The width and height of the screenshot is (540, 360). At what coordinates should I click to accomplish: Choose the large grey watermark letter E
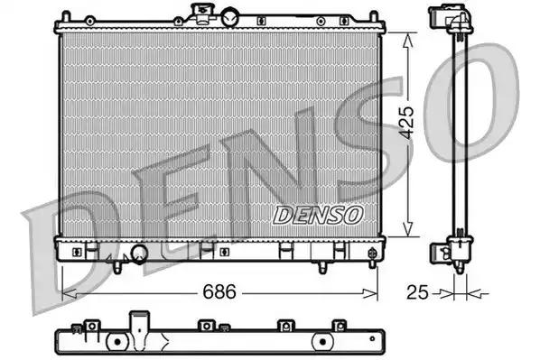(x=172, y=203)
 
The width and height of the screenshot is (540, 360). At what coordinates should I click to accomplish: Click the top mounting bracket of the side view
(x=451, y=18)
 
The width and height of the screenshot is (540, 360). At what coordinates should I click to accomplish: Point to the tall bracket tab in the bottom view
(x=139, y=323)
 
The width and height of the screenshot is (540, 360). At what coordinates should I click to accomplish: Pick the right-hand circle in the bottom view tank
(x=322, y=343)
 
